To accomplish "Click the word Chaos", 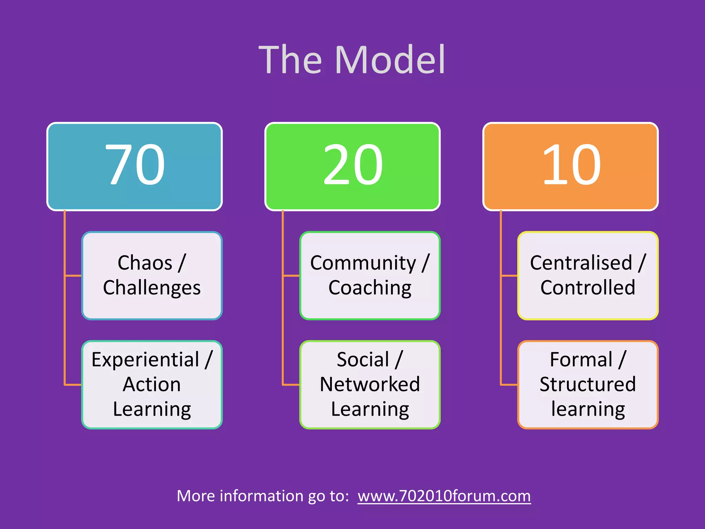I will (x=145, y=263).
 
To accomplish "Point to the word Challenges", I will (x=152, y=288).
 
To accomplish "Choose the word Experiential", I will (x=145, y=360).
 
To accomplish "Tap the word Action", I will (x=152, y=384).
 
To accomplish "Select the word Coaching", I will (x=370, y=288).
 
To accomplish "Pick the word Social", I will (x=363, y=360).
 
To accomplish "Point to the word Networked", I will (x=370, y=384).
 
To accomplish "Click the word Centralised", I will (x=581, y=263).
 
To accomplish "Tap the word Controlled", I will (x=588, y=288).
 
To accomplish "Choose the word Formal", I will (x=581, y=360).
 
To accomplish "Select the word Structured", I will (x=588, y=384).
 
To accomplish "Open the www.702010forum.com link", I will (x=444, y=496).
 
